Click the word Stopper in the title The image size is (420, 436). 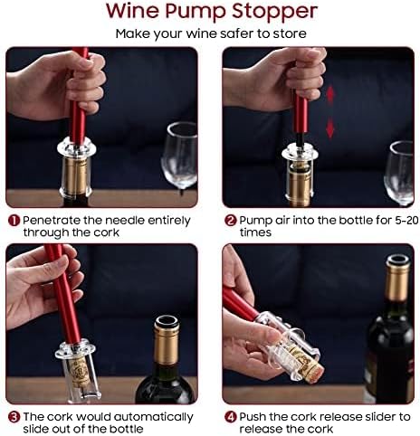274,12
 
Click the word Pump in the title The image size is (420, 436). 196,12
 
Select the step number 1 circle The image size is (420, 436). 14,221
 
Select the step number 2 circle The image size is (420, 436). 231,221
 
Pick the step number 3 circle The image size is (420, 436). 14,417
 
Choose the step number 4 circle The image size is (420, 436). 231,417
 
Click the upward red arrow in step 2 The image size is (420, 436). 330,95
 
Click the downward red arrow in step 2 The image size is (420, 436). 330,128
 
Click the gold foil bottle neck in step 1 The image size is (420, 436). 77,175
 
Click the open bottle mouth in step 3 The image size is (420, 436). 167,322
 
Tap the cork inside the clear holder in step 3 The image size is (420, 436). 80,373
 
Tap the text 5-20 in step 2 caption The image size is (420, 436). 406,221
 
